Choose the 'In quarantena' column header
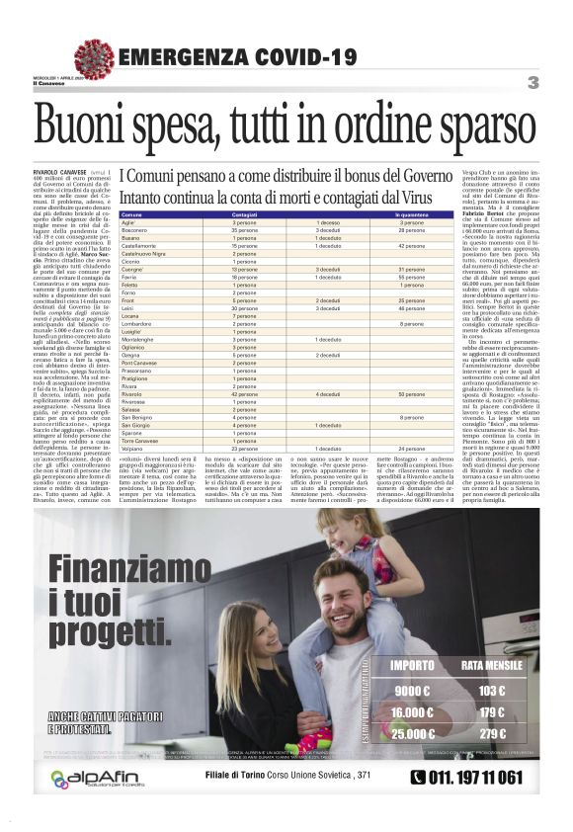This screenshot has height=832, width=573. [411, 214]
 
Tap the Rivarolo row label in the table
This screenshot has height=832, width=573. [133, 393]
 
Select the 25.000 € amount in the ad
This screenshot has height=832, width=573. [412, 734]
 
